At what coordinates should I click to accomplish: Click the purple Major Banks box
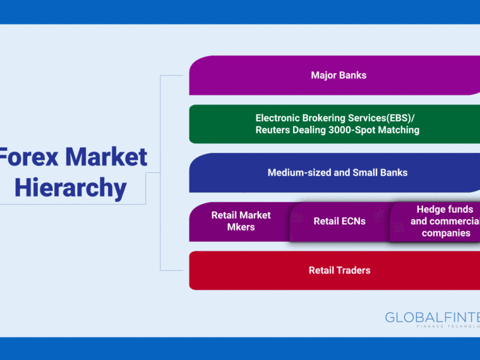[x=335, y=75]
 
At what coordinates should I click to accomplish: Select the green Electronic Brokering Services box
[x=335, y=124]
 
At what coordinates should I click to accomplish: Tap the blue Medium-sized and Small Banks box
[x=335, y=172]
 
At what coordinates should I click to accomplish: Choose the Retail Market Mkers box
[x=240, y=222]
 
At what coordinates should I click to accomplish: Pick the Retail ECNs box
[x=340, y=222]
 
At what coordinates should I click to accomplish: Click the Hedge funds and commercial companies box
[x=435, y=222]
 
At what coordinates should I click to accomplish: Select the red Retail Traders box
[x=335, y=270]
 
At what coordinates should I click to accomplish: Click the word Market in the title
[x=106, y=157]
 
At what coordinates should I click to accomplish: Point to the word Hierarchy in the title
[x=71, y=188]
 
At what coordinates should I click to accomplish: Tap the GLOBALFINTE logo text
[x=433, y=318]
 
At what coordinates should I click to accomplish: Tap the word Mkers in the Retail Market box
[x=241, y=227]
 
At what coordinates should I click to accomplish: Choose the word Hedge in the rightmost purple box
[x=429, y=210]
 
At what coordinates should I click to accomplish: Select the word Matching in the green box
[x=399, y=130]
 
